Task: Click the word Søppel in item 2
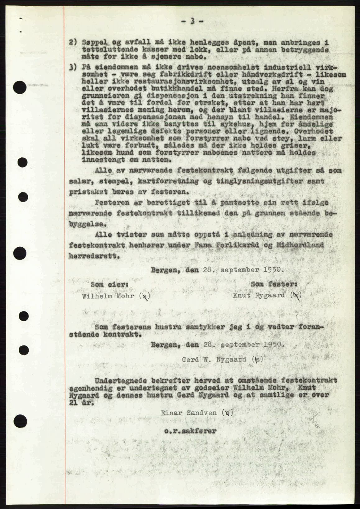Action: pos(92,42)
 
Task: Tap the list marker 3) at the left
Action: pos(73,67)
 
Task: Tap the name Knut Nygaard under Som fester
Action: pos(259,295)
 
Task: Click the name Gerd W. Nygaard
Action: pos(215,359)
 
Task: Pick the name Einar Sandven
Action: pos(189,413)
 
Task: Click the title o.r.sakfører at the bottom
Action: pos(190,431)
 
